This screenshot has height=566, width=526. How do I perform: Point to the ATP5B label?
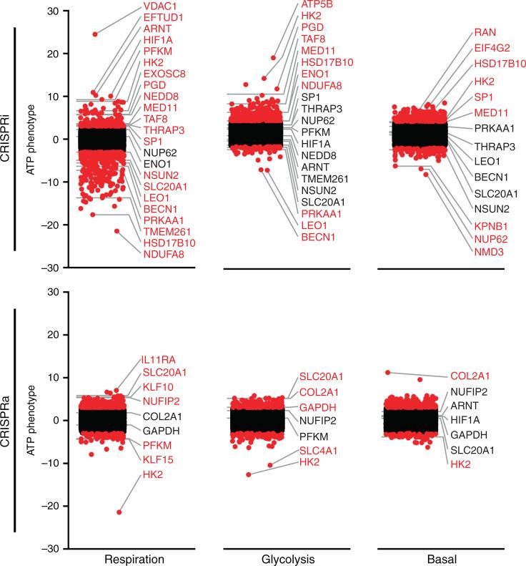point(317,5)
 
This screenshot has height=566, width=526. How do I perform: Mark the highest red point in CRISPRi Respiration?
point(95,34)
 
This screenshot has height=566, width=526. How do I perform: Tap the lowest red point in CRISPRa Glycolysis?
point(249,474)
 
